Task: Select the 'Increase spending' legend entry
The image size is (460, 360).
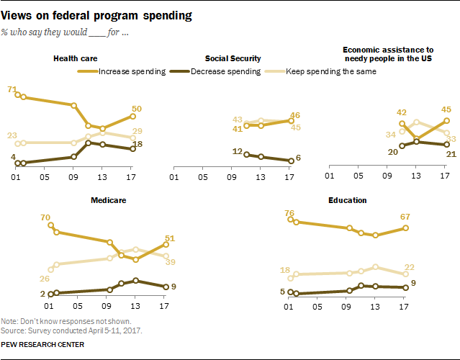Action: coord(132,71)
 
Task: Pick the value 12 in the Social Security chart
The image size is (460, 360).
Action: coord(235,151)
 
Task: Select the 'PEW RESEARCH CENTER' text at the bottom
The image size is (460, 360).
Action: coord(42,345)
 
